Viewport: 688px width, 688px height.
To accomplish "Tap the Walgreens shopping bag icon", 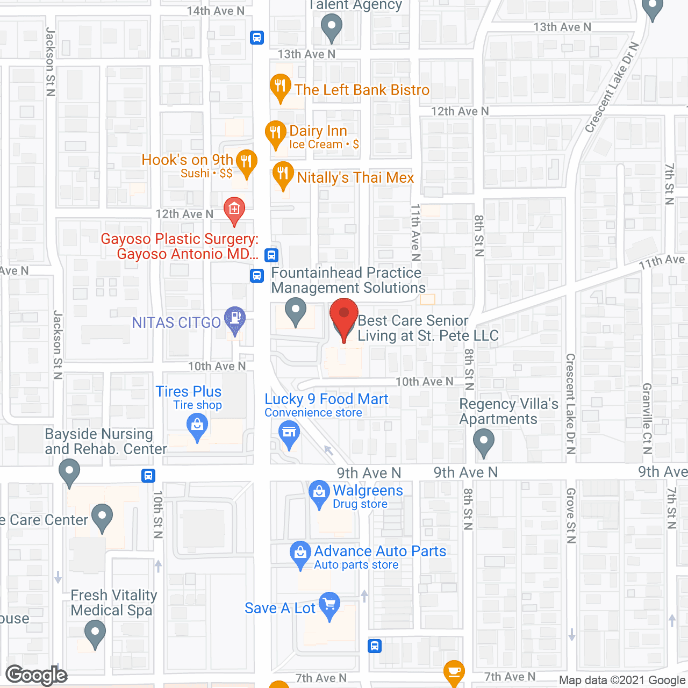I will [319, 493].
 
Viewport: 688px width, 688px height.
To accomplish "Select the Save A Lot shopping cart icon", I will [329, 605].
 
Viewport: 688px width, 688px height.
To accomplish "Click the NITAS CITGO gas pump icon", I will [234, 318].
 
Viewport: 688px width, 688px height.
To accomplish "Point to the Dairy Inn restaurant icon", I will [275, 133].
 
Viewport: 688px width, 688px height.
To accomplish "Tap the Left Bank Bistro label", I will [362, 90].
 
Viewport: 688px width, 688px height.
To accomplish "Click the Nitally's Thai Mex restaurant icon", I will [283, 174].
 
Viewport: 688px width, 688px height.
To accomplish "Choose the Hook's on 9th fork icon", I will [246, 162].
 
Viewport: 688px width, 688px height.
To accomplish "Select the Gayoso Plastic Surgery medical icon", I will [234, 210].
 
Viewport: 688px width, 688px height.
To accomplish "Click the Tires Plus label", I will [189, 391].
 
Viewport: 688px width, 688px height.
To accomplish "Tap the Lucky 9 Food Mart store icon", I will [289, 433].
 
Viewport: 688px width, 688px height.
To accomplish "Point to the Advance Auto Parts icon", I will [300, 553].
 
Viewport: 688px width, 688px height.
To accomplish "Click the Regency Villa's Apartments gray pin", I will [484, 442].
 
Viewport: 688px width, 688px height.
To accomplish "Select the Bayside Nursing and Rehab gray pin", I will [69, 471].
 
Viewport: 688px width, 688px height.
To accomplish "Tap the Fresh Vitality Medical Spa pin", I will [95, 633].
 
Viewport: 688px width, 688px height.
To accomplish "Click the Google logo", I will [37, 675].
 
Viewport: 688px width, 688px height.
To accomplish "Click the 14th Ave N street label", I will [216, 11].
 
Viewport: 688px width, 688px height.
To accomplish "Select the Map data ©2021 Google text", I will [622, 680].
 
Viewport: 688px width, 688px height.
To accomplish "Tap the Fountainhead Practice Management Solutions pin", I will [295, 311].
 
